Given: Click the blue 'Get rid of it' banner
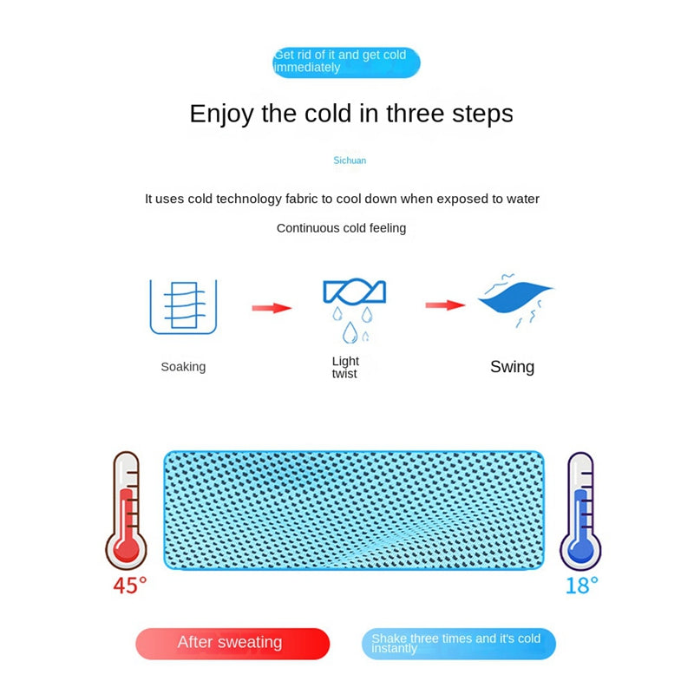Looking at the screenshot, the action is [346, 62].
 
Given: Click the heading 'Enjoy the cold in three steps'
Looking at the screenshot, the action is [351, 114].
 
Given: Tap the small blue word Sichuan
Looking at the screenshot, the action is [350, 160].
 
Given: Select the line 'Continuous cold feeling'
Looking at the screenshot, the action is [341, 228].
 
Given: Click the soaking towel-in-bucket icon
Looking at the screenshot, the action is [183, 306].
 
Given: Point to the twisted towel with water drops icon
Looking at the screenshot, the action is [354, 311].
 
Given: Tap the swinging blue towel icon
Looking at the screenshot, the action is [515, 299].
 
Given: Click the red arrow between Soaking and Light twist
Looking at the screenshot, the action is [272, 308].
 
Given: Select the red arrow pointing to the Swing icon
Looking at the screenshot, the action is [445, 305].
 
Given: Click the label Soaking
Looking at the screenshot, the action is [183, 367].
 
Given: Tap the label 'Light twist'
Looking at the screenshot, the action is [345, 367].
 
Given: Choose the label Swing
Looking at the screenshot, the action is [512, 367].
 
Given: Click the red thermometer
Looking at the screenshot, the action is [126, 510].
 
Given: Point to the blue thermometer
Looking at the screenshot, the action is [580, 511].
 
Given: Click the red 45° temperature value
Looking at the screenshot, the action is [129, 585].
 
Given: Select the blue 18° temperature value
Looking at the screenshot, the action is [582, 585].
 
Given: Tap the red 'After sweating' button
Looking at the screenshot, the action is [232, 643].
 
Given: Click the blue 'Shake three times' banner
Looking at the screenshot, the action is [459, 643].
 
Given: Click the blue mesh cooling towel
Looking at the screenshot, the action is [354, 510].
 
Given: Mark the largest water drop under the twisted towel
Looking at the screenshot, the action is [350, 332].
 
